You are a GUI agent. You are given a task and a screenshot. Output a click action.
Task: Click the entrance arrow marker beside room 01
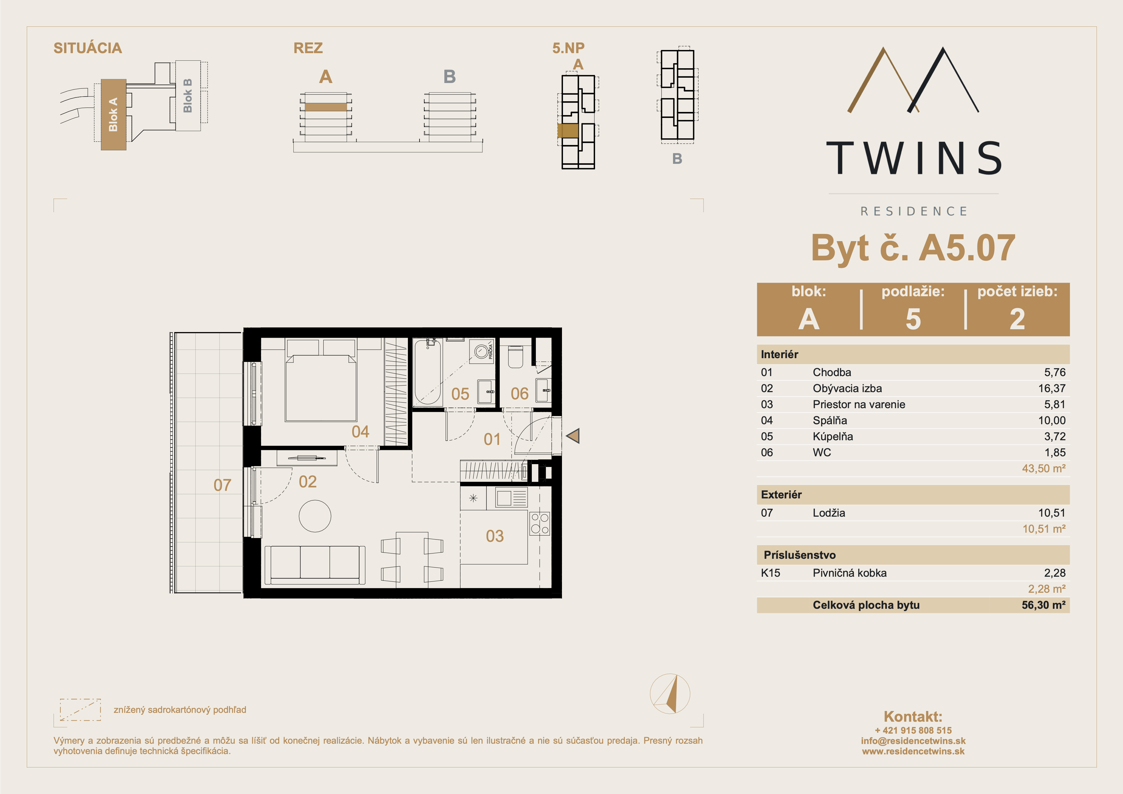tap(573, 436)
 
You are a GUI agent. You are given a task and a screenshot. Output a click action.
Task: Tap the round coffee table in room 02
tap(315, 516)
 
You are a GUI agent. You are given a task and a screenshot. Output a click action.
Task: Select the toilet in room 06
tap(515, 357)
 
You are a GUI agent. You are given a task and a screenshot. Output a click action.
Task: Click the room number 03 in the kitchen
tap(494, 536)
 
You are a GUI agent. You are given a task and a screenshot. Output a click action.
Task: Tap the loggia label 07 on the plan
tap(223, 485)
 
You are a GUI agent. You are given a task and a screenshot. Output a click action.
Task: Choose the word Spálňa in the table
tap(830, 420)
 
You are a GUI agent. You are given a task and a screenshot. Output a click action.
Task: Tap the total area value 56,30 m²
tap(1043, 605)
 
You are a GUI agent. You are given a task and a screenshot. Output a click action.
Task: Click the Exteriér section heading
tap(781, 495)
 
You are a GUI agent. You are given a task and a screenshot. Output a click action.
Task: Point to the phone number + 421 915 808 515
tap(913, 730)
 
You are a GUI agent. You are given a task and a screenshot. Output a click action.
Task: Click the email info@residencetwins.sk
tap(913, 741)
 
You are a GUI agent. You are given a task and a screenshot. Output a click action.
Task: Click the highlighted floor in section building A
tap(326, 107)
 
